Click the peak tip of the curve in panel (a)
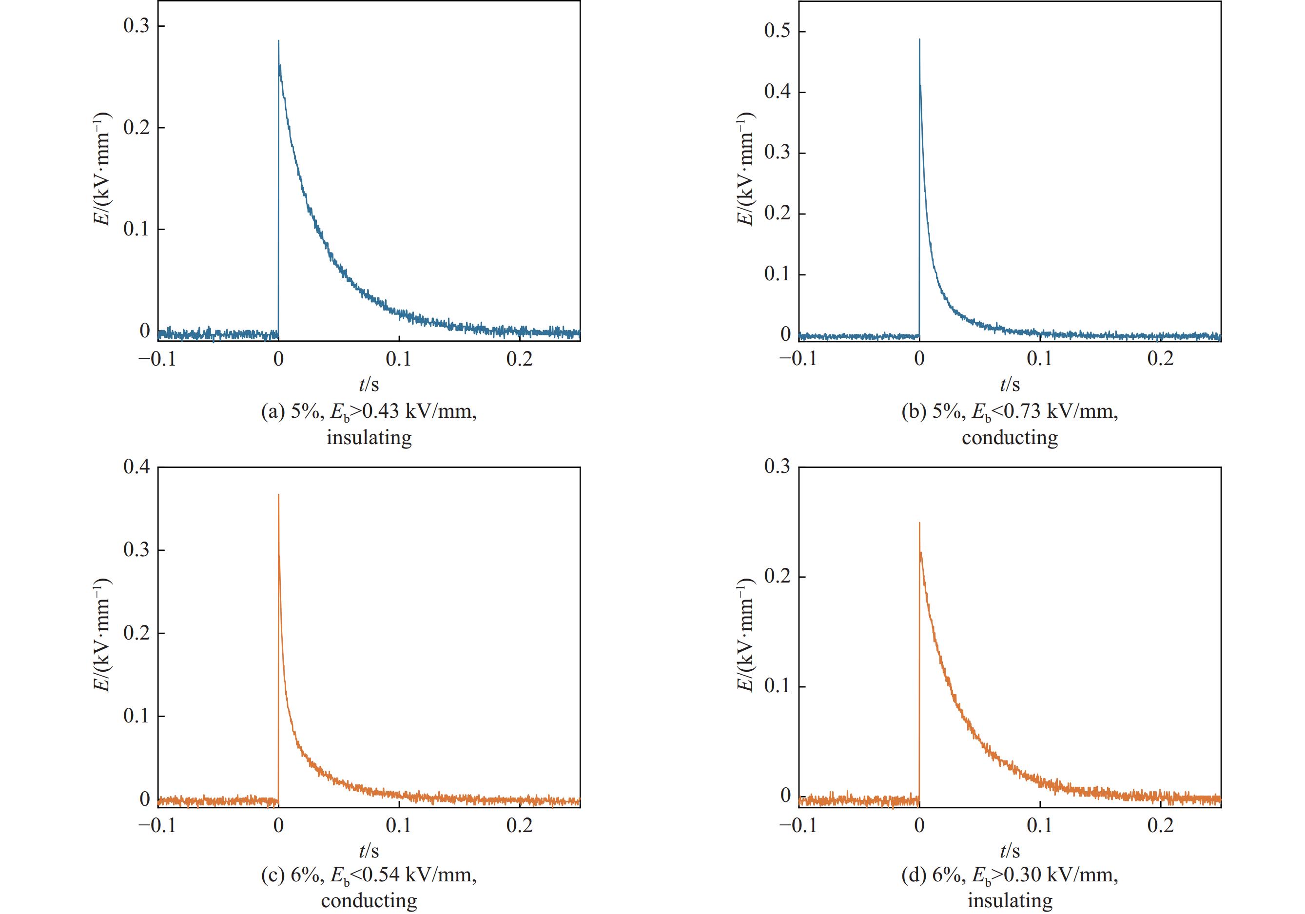pyautogui.click(x=278, y=41)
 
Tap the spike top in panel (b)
pyautogui.click(x=919, y=40)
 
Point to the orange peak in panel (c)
pyautogui.click(x=278, y=495)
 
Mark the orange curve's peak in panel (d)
pyautogui.click(x=919, y=523)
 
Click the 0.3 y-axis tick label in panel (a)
pyautogui.click(x=136, y=26)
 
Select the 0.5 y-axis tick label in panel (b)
pyautogui.click(x=778, y=31)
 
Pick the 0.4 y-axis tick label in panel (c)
pyautogui.click(x=136, y=467)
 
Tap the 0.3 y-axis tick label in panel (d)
pyautogui.click(x=778, y=467)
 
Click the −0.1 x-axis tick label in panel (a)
pyautogui.click(x=157, y=360)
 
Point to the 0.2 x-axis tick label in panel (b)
pyautogui.click(x=1160, y=360)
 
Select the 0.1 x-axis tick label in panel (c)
pyautogui.click(x=399, y=826)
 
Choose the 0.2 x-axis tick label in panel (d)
pyautogui.click(x=1160, y=826)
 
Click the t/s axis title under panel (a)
pyautogui.click(x=369, y=385)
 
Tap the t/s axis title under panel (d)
pyautogui.click(x=1010, y=851)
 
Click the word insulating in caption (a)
pyautogui.click(x=369, y=438)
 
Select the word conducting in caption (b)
pyautogui.click(x=1010, y=438)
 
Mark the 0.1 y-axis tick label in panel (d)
pyautogui.click(x=778, y=686)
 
